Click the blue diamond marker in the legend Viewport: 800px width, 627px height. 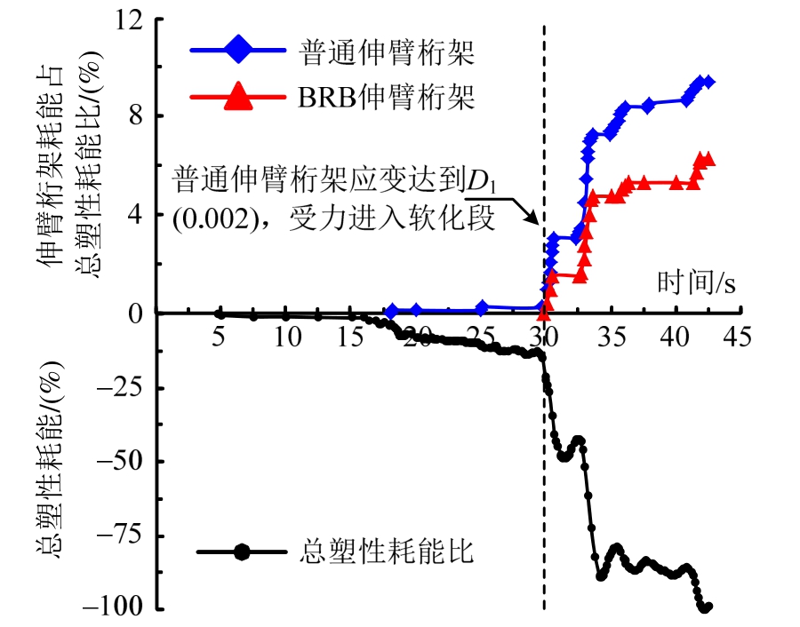237,52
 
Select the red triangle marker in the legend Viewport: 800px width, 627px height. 237,96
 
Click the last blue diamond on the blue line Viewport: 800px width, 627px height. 708,82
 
